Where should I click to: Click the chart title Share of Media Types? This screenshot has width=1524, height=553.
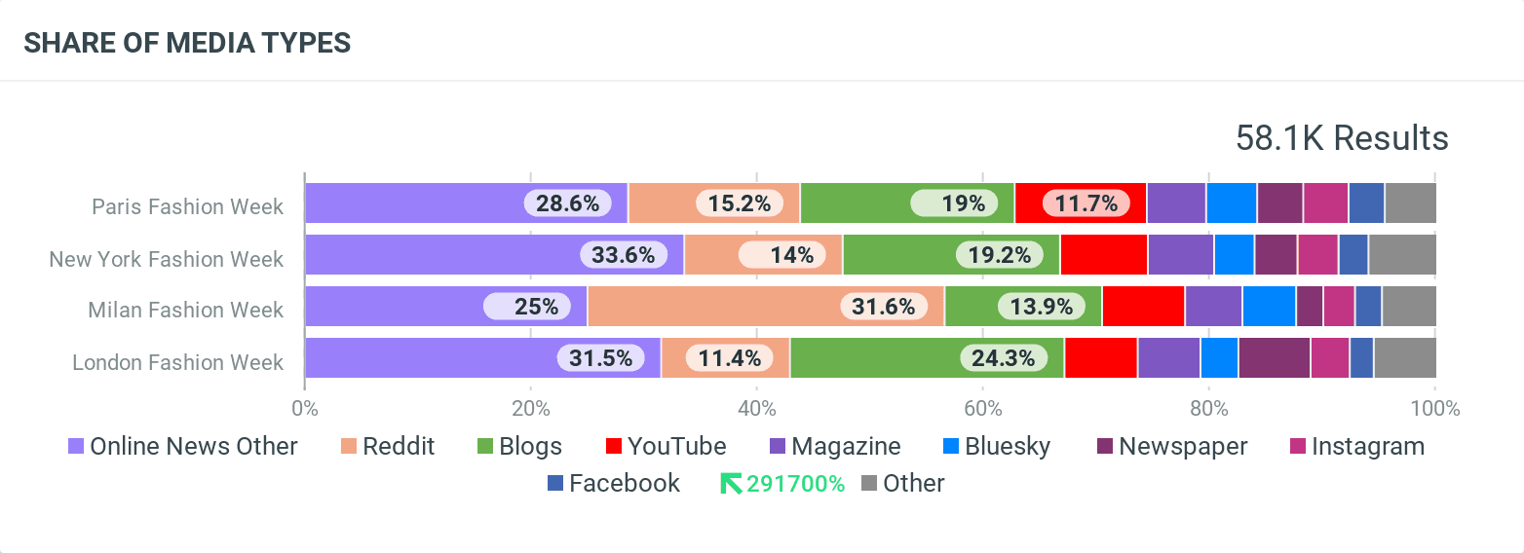click(187, 43)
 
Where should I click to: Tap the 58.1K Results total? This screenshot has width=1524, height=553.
click(1341, 138)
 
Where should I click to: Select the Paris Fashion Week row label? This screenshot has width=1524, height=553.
click(187, 206)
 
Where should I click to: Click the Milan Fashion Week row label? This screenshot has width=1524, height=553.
click(185, 310)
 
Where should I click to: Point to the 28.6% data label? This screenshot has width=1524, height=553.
click(567, 203)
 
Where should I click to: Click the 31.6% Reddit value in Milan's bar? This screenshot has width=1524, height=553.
click(884, 307)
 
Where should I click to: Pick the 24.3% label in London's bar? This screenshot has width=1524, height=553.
click(1003, 358)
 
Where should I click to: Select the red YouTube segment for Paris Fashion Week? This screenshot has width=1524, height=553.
click(1080, 203)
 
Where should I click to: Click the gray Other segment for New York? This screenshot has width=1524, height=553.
click(1401, 255)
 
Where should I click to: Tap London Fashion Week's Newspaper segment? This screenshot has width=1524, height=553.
click(1274, 358)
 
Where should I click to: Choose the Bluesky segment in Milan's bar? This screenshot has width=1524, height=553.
click(1268, 307)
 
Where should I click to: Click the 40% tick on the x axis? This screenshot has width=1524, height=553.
click(756, 409)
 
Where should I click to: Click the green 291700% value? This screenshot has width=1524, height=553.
click(795, 484)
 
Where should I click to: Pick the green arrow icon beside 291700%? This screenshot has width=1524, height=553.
click(730, 484)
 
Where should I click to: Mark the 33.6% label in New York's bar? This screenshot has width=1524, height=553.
click(624, 255)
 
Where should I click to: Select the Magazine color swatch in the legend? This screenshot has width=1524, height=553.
click(779, 447)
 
